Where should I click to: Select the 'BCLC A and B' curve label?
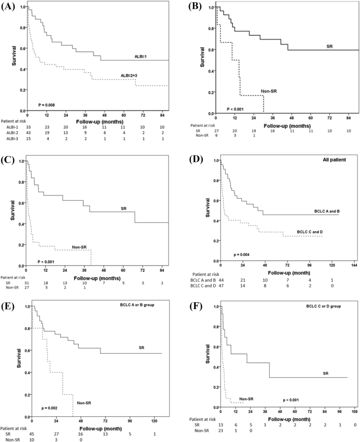tap(322, 210)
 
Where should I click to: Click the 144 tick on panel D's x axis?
tap(354, 266)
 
